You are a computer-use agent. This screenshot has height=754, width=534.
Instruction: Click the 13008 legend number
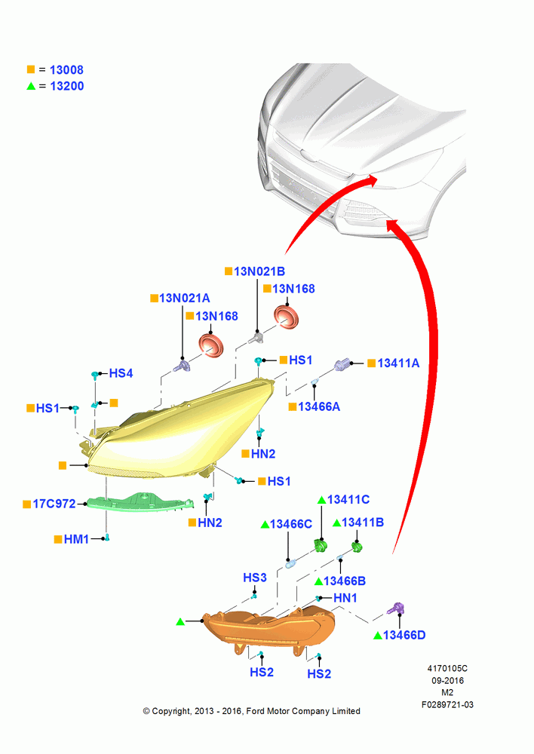[66, 70]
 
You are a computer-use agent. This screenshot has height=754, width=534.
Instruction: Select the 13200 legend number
[67, 87]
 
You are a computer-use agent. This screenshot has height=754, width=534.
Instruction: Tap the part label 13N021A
[184, 299]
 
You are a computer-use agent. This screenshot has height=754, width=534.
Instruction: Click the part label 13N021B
[259, 271]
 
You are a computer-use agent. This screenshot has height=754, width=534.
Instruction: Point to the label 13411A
[398, 363]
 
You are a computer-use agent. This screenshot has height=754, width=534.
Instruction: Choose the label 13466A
[319, 407]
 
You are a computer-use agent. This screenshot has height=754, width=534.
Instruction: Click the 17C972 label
[54, 504]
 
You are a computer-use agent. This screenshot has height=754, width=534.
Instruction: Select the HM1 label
[76, 540]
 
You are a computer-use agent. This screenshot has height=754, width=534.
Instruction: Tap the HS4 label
[121, 374]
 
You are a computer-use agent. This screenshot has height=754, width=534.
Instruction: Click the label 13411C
[348, 500]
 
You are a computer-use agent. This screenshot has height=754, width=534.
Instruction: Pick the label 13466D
[404, 635]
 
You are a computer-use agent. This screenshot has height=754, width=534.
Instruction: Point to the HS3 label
[254, 578]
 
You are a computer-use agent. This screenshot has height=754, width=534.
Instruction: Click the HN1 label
[345, 598]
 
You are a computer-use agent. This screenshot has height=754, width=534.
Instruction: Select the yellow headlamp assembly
[183, 435]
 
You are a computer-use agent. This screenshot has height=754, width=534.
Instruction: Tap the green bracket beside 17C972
[140, 502]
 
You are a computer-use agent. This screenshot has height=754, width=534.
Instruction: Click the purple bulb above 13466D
[397, 609]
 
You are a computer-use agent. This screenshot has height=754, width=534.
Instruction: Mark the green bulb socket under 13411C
[321, 546]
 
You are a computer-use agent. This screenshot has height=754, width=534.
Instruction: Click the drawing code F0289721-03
[447, 705]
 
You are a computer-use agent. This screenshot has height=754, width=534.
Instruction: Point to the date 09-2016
[447, 681]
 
